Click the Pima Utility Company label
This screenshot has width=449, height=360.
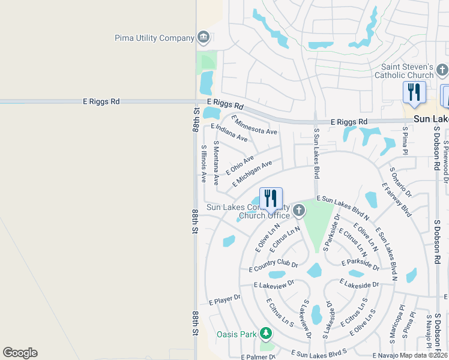[155, 38]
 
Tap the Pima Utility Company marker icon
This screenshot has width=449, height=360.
[203, 38]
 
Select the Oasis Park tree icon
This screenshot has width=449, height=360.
[265, 334]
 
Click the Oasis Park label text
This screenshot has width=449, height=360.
[237, 334]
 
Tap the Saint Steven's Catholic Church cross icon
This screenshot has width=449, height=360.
[442, 71]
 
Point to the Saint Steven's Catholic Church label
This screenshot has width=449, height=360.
[404, 71]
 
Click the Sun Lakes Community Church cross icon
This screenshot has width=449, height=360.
[299, 211]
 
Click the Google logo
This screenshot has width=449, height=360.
[20, 353]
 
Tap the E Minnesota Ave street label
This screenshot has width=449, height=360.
[254, 124]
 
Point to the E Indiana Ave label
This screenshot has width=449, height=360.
[229, 133]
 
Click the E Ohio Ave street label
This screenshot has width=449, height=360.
[240, 165]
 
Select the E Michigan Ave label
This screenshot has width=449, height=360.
[254, 172]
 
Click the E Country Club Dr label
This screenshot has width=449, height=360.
[273, 266]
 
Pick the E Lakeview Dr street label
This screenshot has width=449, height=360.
[274, 284]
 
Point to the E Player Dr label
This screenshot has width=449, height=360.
[224, 298]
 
